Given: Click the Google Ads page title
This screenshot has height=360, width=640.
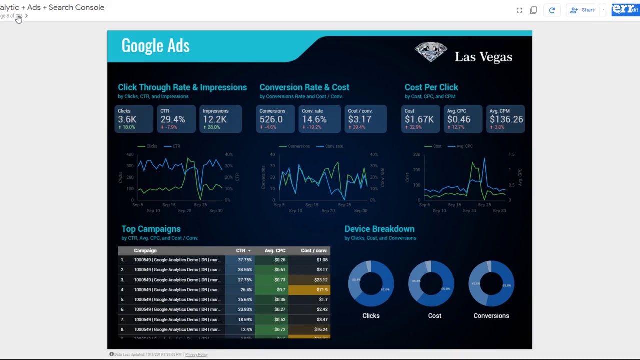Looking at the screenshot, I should tap(155, 46).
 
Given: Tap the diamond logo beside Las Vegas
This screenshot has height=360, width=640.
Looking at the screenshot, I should tap(431, 52).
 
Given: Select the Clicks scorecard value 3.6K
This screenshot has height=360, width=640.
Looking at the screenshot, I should tap(127, 119).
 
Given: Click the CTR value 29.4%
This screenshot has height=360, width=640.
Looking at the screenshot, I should tap(173, 119).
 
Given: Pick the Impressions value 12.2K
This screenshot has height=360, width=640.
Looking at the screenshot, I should tap(215, 119).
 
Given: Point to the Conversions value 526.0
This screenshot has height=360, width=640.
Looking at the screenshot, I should tap(271, 119).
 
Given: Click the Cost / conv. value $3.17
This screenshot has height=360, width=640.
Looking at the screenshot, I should tap(360, 119).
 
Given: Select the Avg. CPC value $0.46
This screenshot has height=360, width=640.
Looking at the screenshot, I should tap(459, 119).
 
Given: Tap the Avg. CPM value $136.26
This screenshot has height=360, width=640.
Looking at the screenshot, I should tap(506, 119).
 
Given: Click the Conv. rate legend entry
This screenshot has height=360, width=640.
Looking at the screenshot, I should tap(334, 146).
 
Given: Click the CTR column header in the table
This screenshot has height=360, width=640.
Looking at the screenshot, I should tap(241, 251).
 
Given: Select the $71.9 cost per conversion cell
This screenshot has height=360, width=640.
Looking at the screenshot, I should tap(322, 290).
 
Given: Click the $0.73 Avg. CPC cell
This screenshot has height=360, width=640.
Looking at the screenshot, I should tap(280, 280).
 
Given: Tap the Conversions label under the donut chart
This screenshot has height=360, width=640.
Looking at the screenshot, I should tap(491, 316).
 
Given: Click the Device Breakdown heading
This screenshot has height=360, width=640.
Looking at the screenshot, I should tap(379, 229).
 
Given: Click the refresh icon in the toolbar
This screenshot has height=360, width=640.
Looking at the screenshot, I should tap(552, 10).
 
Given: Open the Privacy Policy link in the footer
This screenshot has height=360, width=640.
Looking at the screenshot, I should tap(196, 354).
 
